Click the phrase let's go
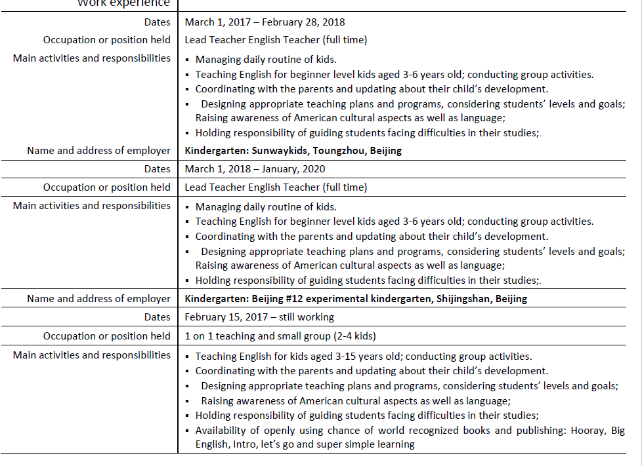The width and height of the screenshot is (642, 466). (279, 444)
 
